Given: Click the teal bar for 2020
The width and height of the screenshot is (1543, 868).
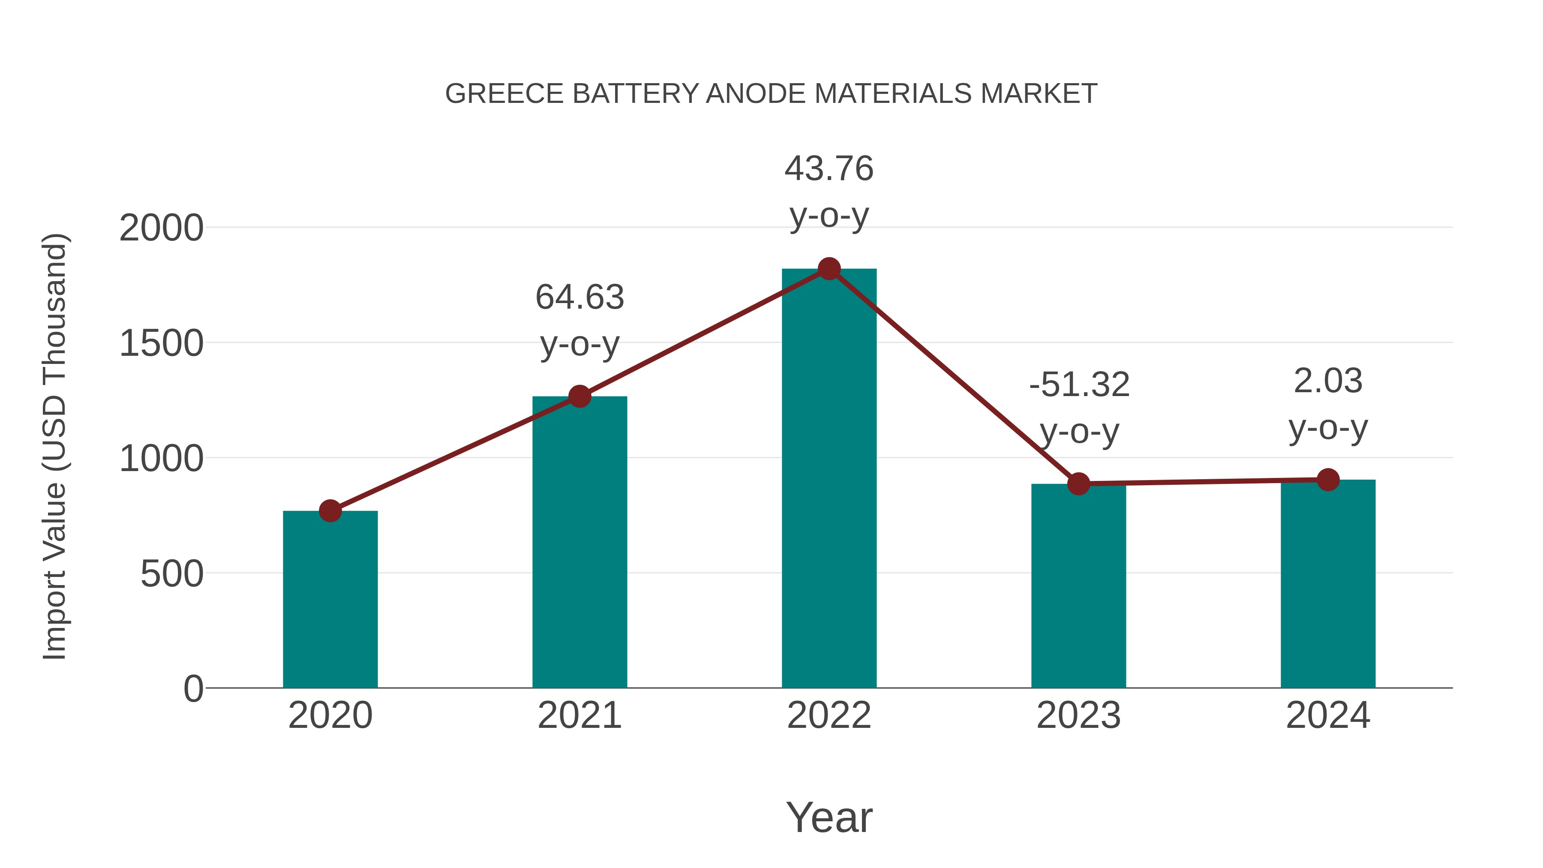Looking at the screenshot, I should (330, 599).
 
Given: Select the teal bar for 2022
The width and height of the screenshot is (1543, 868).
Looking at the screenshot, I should (829, 479).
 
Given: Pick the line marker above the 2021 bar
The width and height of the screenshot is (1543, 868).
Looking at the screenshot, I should (579, 396).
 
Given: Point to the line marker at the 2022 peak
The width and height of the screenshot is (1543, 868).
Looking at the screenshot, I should (829, 269).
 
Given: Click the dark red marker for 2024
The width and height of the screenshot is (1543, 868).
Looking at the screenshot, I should (1328, 480).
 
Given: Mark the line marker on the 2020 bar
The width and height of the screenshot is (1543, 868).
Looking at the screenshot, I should (330, 511).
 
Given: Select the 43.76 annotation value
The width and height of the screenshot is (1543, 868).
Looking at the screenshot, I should (829, 168).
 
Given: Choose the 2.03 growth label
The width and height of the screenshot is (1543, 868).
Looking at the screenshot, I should (1328, 381).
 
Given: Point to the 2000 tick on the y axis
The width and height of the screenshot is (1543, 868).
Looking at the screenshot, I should (161, 228).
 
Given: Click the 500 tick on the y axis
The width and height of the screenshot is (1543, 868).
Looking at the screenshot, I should (172, 574).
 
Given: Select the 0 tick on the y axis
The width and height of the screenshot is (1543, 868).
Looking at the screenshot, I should (193, 689).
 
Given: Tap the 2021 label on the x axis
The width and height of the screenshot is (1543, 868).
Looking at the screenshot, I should (579, 715).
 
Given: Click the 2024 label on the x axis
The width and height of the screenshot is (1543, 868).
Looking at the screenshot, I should (1328, 715).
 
